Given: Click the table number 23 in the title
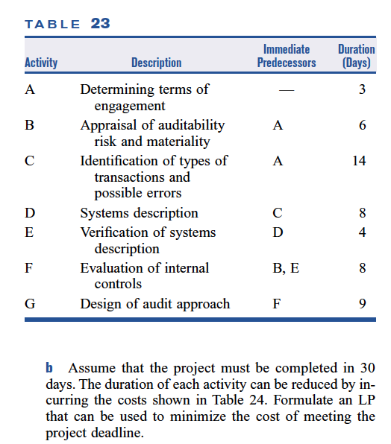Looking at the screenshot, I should pos(100,23).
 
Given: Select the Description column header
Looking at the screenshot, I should pos(156,63).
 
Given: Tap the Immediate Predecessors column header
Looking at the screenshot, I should pos(286,56).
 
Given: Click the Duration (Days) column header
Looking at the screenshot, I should pos(356,56).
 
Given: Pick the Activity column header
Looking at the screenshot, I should pos(41,63).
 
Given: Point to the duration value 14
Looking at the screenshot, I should pos(359,162).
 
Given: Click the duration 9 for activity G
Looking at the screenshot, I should pos(363,304).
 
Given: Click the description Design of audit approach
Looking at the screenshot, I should pos(154,304).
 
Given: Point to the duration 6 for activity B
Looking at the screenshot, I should pos(363,126).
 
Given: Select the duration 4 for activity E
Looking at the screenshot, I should pos(363,232).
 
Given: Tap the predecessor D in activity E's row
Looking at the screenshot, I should pos(278,232).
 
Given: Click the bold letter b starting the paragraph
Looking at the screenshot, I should pos(50,369).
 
